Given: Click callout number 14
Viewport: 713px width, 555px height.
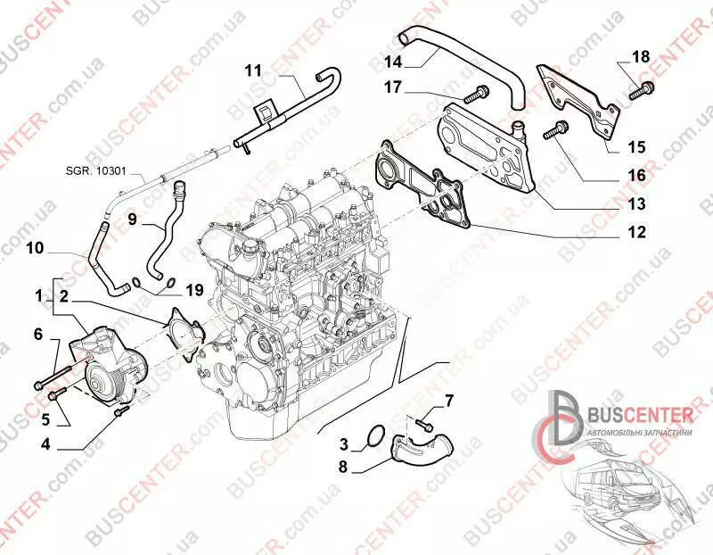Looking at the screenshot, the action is tap(393, 62).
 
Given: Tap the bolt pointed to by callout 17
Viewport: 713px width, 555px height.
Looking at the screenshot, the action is tap(476, 94).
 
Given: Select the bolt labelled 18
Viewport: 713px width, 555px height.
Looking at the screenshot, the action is tap(642, 90).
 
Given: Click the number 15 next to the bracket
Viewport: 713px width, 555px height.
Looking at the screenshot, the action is tap(636, 147).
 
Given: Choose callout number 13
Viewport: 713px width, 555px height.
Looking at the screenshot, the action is tap(636, 204).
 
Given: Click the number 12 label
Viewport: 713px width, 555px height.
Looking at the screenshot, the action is tap(636, 232).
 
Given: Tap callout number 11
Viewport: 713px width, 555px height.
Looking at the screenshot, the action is tap(253, 71).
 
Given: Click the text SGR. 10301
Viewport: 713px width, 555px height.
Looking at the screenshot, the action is tap(96, 171).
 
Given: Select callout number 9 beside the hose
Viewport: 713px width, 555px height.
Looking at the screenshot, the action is tap(132, 219).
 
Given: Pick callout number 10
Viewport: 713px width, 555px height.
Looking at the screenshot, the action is tap(35, 248).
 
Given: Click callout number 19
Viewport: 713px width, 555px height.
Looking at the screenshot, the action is tap(194, 290).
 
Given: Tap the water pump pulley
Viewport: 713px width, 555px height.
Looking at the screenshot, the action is tap(102, 380).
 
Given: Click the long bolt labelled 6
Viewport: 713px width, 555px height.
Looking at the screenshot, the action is tap(53, 377).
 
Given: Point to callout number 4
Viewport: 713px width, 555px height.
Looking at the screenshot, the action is tap(45, 443).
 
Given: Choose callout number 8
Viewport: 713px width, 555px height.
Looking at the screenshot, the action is tap(343, 467).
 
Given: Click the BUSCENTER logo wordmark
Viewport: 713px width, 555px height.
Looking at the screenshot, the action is tap(640, 415).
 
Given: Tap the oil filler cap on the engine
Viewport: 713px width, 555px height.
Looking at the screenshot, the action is tap(251, 248).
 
